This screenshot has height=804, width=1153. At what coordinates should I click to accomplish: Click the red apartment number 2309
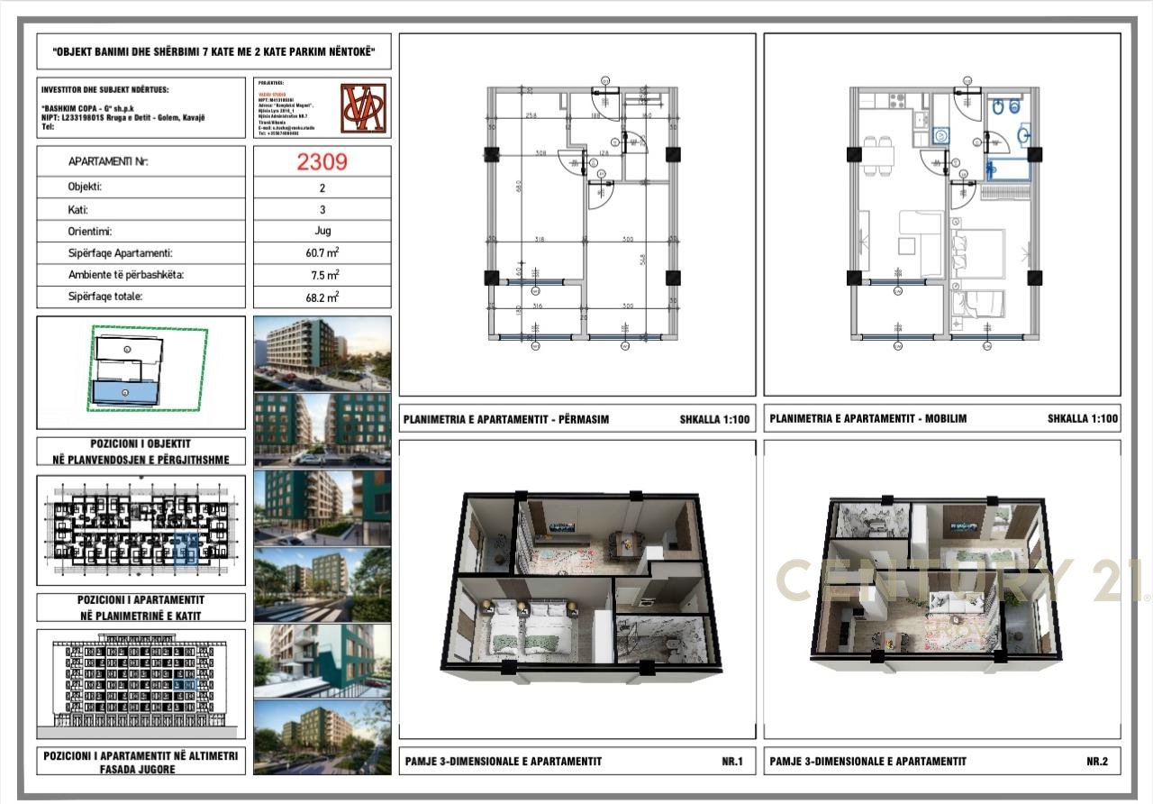[x=322, y=162]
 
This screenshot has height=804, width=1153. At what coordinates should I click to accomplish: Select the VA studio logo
[x=363, y=108]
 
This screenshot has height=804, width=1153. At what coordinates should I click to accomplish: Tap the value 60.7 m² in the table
[x=322, y=253]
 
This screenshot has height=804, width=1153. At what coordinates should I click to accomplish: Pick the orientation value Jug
[x=322, y=232]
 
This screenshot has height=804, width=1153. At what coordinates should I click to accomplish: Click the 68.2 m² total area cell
[x=322, y=297]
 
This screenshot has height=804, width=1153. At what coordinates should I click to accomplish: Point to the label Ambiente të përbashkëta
[x=125, y=275]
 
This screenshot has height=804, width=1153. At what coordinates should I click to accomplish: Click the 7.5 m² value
[x=322, y=275]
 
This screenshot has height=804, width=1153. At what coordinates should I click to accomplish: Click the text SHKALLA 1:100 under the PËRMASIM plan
[x=716, y=419]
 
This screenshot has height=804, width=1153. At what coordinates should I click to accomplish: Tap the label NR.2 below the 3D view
[x=1096, y=762]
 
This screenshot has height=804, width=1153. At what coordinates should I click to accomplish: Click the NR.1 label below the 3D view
[x=731, y=762]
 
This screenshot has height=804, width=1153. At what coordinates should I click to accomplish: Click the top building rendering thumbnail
[x=322, y=353]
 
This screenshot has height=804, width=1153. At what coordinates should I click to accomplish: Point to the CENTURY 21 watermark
[x=959, y=580]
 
